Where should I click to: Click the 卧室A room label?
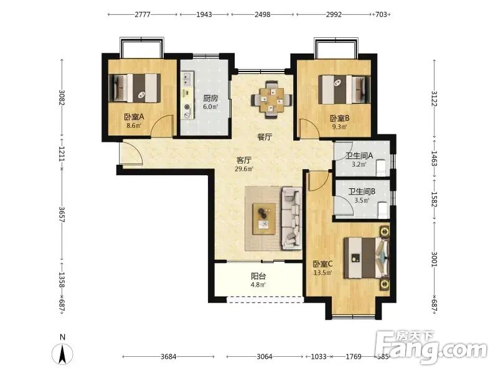(134, 117)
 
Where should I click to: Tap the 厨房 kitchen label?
(210, 98)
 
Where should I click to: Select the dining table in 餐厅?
(271, 99)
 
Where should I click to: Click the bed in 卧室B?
(344, 89)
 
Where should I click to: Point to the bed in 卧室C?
(367, 258)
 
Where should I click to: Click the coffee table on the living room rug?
(264, 219)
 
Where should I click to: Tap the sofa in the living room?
(291, 218)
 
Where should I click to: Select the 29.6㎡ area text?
(244, 169)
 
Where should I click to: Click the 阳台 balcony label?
(258, 276)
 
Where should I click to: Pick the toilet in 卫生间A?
(380, 168)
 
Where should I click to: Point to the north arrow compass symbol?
(62, 354)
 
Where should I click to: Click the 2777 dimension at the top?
(143, 14)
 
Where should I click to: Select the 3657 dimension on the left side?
(62, 214)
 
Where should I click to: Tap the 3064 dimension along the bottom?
(265, 357)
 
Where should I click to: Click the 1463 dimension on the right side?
(434, 159)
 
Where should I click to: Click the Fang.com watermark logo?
(431, 347)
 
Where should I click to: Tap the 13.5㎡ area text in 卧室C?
(322, 273)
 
